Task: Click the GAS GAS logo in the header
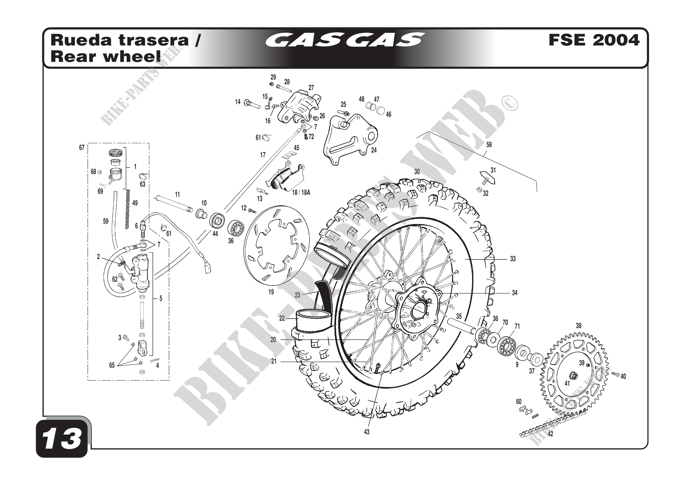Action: tap(344, 40)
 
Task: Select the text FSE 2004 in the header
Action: tap(594, 40)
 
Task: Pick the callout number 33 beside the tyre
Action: tap(513, 259)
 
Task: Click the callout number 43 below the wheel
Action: tap(367, 432)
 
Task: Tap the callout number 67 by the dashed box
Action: tap(82, 148)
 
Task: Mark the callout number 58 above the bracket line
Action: tap(489, 145)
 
